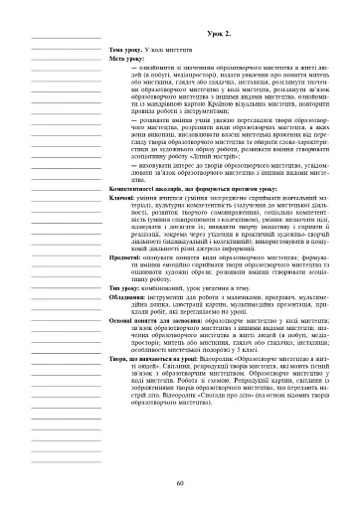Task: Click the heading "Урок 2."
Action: click(x=221, y=34)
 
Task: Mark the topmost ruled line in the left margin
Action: click(x=68, y=36)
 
